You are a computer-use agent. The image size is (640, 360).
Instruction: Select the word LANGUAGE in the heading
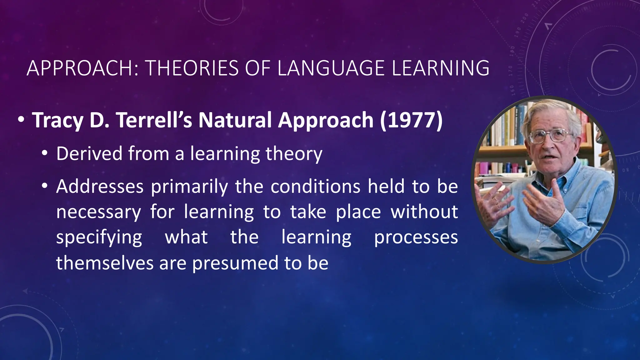[331, 68]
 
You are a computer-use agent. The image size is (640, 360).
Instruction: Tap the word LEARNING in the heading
[440, 68]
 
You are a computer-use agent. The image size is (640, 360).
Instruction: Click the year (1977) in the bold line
[411, 120]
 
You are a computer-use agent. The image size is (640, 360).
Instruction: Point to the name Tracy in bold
[57, 121]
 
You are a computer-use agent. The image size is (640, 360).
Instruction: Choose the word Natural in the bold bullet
[235, 120]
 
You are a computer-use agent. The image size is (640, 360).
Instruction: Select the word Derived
[89, 153]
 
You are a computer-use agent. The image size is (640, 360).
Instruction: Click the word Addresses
[100, 187]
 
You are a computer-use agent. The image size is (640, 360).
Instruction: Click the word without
[424, 212]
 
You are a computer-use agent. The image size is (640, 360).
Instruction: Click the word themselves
[105, 263]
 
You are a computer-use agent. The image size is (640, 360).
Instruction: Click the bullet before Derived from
[45, 153]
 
